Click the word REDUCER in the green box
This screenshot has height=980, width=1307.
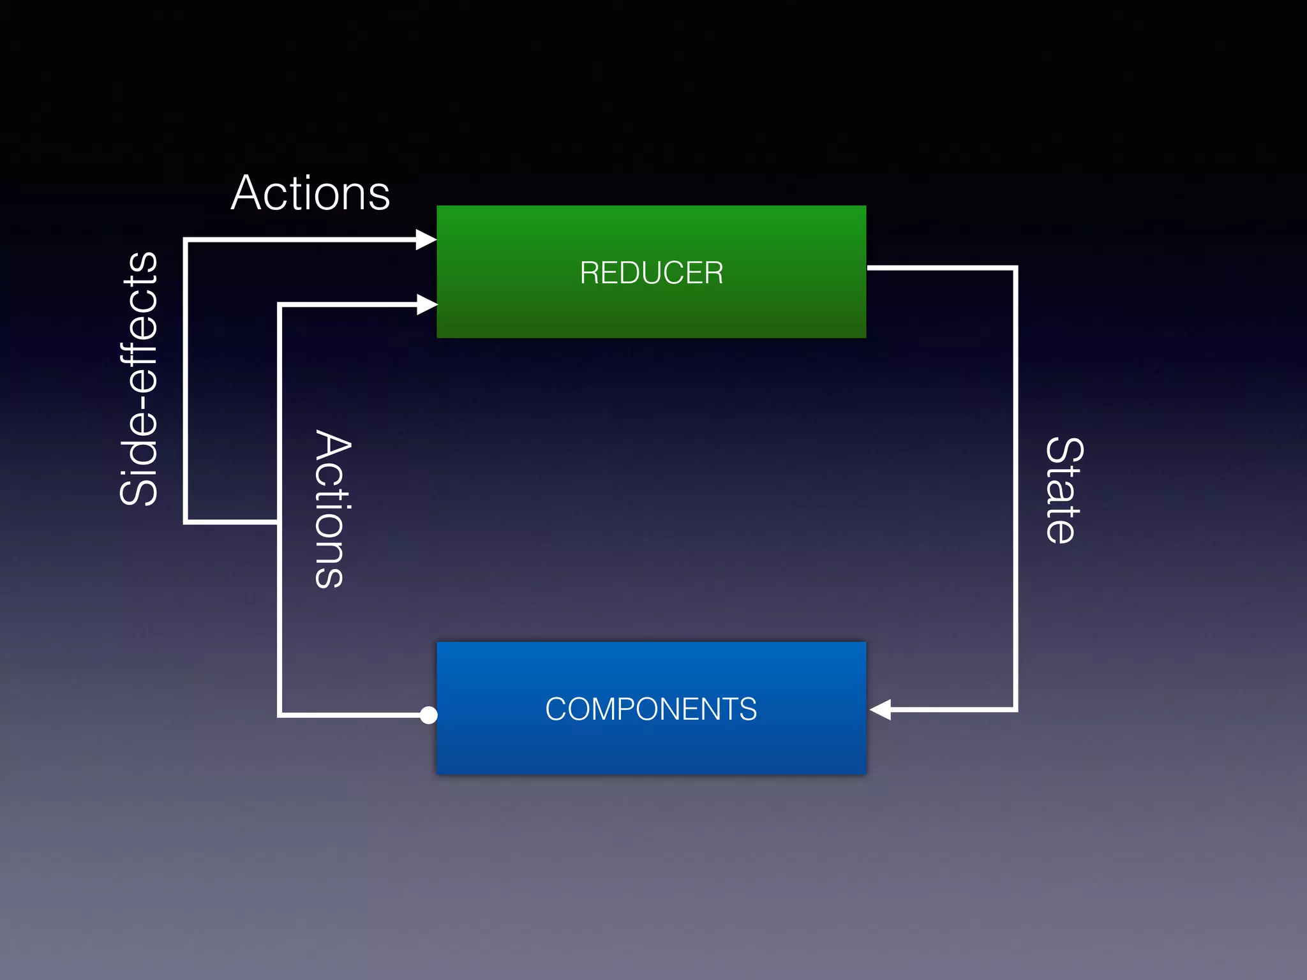pyautogui.click(x=651, y=273)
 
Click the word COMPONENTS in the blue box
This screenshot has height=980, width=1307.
pyautogui.click(x=651, y=709)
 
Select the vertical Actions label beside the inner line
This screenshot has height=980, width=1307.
pyautogui.click(x=332, y=509)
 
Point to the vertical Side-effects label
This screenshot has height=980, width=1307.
pyautogui.click(x=139, y=379)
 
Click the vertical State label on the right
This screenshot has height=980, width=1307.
pyautogui.click(x=1064, y=490)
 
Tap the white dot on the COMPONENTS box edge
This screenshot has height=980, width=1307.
pyautogui.click(x=429, y=715)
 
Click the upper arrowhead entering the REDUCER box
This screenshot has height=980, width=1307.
pyautogui.click(x=426, y=240)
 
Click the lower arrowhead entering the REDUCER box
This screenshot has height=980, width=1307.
pyautogui.click(x=426, y=305)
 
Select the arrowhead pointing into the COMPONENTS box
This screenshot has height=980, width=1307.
pyautogui.click(x=880, y=709)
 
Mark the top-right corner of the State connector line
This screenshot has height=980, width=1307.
pyautogui.click(x=1015, y=269)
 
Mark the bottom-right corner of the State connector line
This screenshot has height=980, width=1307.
pyautogui.click(x=1015, y=709)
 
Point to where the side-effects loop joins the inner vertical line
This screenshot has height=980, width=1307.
pyautogui.click(x=280, y=522)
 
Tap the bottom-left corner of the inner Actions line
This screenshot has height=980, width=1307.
pyautogui.click(x=280, y=715)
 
